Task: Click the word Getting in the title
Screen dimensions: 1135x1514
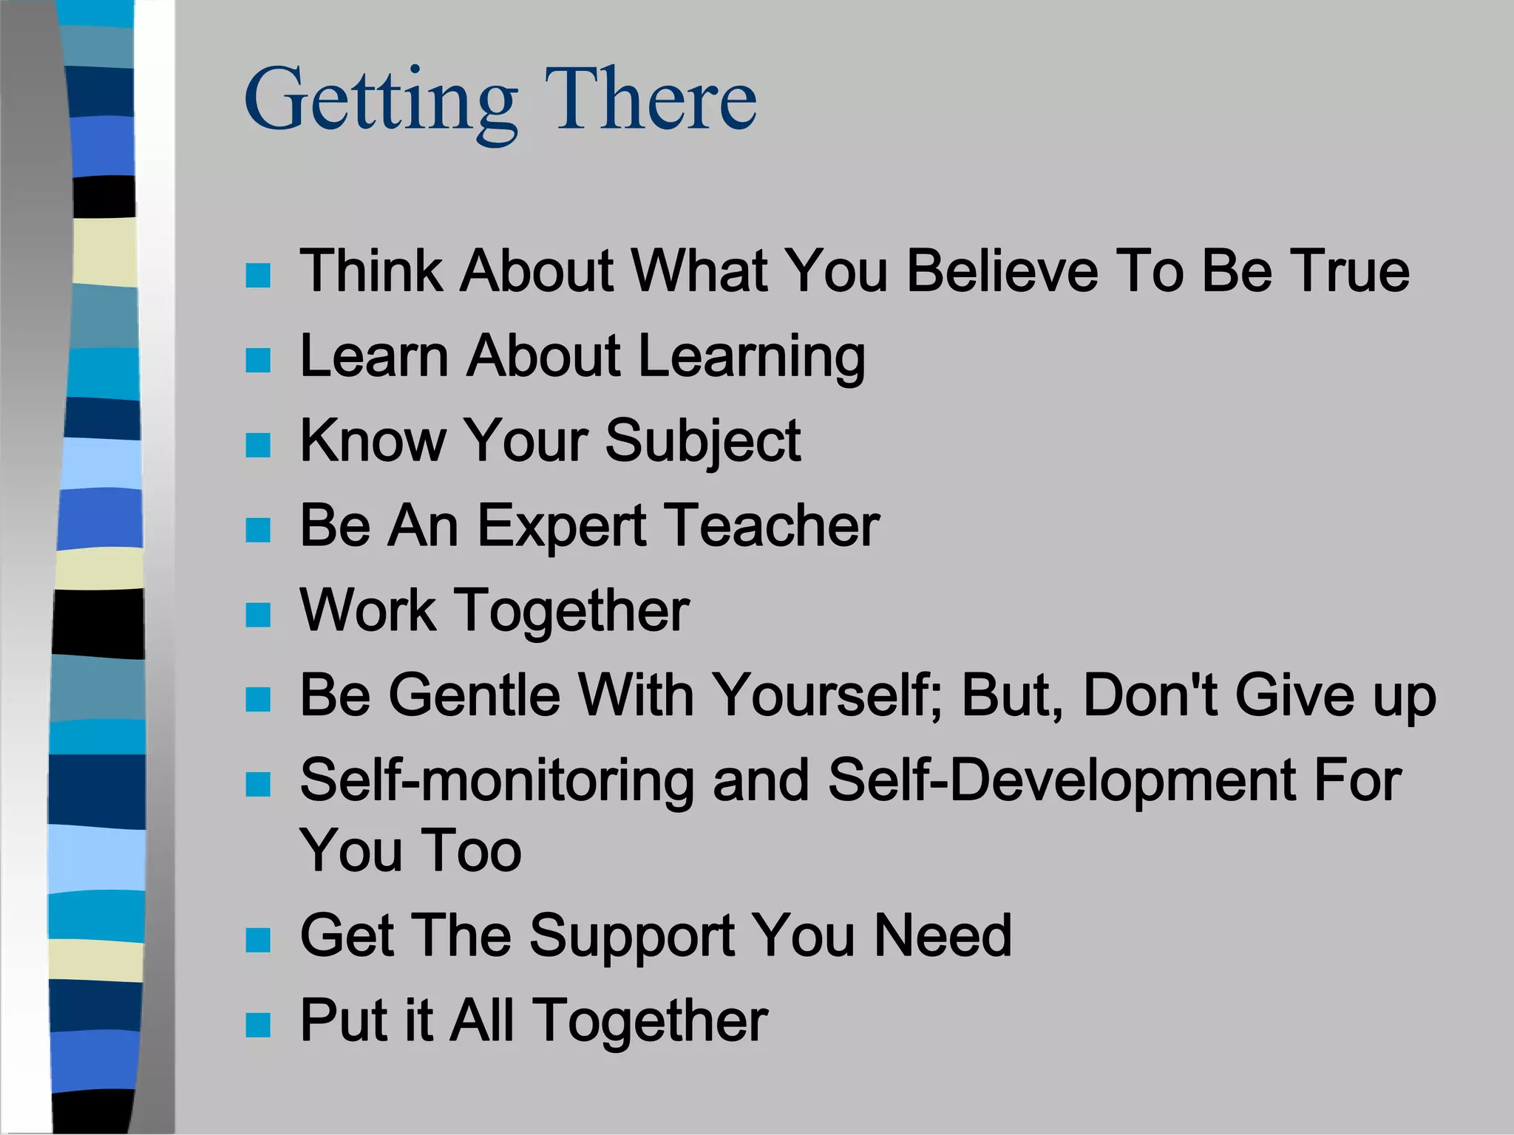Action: (x=381, y=100)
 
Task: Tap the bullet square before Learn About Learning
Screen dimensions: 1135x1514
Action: (x=258, y=361)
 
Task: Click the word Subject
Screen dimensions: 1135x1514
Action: (x=702, y=442)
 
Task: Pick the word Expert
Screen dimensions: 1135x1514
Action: (x=562, y=526)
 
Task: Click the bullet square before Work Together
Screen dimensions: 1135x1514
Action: (x=258, y=615)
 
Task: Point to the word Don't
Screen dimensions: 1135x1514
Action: (x=1150, y=695)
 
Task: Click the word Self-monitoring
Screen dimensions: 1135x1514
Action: (x=497, y=781)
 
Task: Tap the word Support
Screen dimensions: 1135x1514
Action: (x=632, y=936)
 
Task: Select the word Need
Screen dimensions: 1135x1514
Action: (x=943, y=935)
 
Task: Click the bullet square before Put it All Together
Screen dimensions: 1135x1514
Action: (x=258, y=1026)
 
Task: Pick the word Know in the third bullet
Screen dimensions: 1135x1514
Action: (x=373, y=440)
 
